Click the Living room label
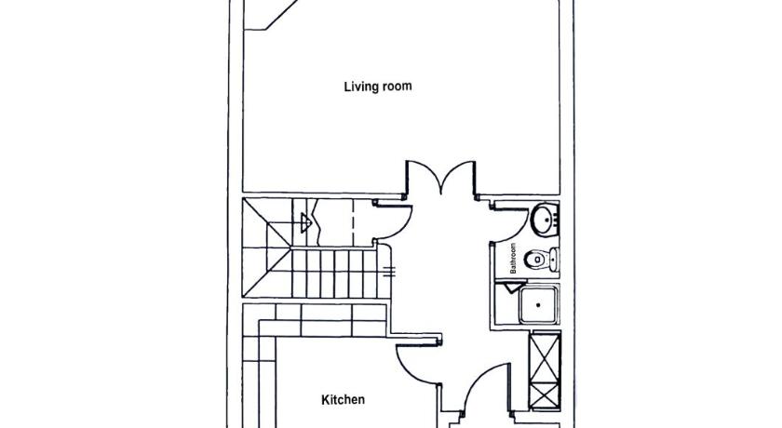tap(378, 87)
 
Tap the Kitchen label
tap(344, 399)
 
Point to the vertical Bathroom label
tap(513, 258)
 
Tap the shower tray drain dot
tap(538, 304)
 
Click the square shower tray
tap(538, 304)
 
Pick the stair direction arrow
tap(306, 222)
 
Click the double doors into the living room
tap(440, 178)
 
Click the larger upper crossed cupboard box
tap(545, 356)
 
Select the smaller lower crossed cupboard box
tap(545, 395)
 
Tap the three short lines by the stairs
tap(389, 272)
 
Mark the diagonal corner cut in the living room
tap(281, 15)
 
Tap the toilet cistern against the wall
tap(555, 260)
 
